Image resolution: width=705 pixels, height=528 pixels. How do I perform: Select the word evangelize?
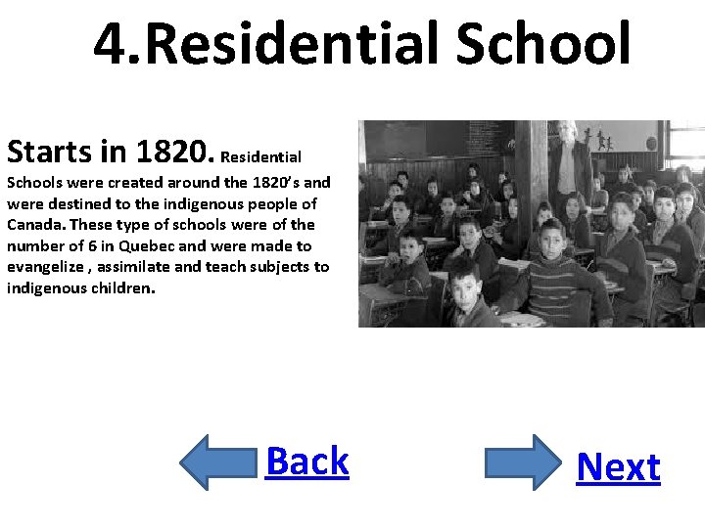pyautogui.click(x=45, y=268)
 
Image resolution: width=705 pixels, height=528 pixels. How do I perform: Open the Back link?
pyautogui.click(x=306, y=461)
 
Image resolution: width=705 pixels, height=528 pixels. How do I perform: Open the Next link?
pyautogui.click(x=618, y=467)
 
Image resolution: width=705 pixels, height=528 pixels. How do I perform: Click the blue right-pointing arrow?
pyautogui.click(x=524, y=462)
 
